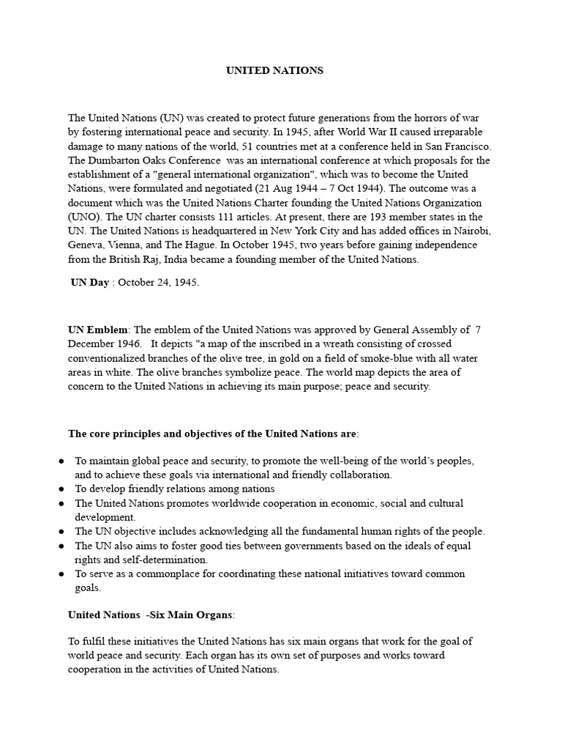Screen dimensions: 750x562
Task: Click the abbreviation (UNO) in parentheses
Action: pos(86,216)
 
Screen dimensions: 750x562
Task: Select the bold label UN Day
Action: pos(89,283)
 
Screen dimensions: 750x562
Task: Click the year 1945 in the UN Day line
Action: pos(186,283)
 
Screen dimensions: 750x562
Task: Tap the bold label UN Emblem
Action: pos(97,330)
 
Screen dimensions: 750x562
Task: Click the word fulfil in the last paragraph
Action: pos(94,642)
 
